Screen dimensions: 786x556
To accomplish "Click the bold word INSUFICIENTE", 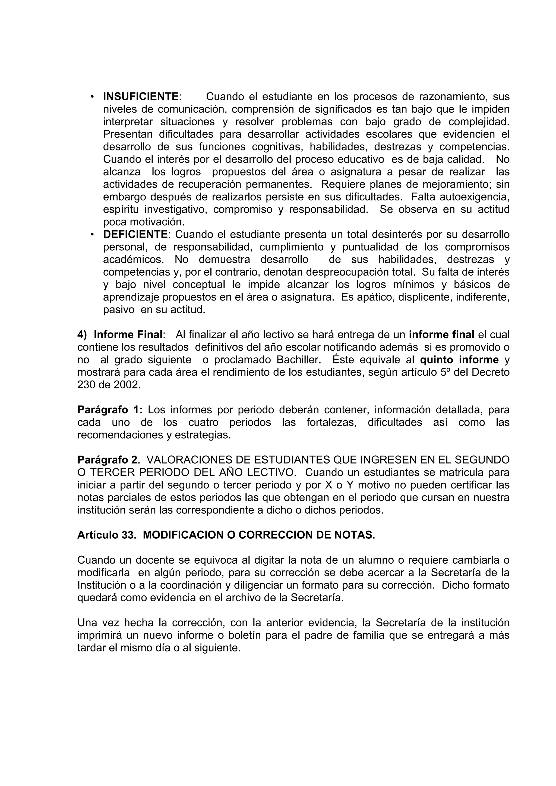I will click(141, 97).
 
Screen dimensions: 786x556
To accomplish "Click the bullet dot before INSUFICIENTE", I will click(92, 97).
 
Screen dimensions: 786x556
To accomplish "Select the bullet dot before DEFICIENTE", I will click(92, 235).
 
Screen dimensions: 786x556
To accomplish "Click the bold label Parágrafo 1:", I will click(110, 410).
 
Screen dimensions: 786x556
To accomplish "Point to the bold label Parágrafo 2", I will click(107, 460).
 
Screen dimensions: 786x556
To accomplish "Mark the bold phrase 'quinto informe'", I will click(459, 360).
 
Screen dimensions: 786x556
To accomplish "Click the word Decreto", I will click(491, 372).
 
